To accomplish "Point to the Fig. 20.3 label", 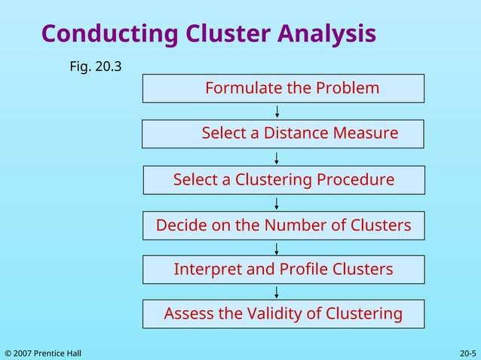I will point(96,67).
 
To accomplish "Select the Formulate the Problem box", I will point(283,88).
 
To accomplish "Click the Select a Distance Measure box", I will point(283,134).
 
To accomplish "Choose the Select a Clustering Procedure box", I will point(283,180).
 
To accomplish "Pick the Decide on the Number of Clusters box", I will point(283,225).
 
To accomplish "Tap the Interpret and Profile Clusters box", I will point(283,269).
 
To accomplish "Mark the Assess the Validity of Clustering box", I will point(283,313).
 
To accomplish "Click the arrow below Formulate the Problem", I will point(277,111).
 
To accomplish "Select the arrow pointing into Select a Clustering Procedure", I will point(277,157).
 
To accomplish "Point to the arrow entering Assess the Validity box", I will point(277,291).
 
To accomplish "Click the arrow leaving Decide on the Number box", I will point(277,248).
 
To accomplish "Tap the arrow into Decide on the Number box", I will point(277,203).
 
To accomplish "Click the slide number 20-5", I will point(467,353).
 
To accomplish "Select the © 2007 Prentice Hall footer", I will point(43,353).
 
